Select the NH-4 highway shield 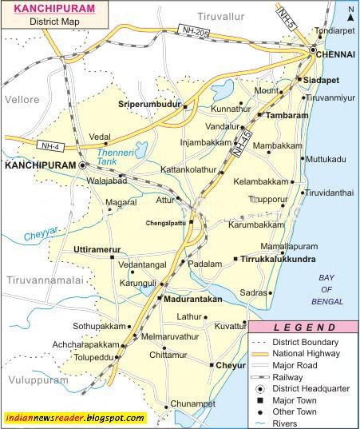tap(48, 145)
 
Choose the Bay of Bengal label tap(326, 283)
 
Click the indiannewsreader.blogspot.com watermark tap(74, 419)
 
